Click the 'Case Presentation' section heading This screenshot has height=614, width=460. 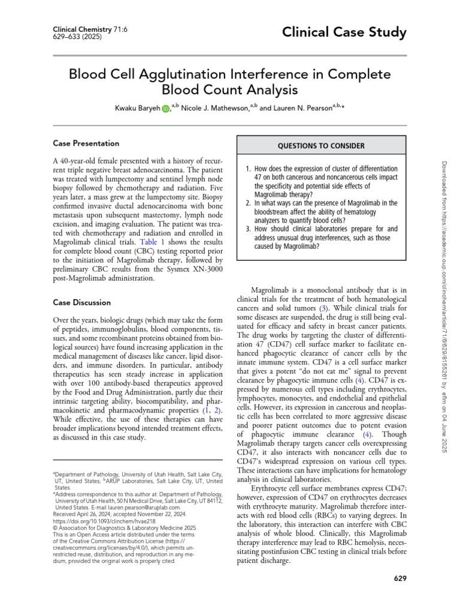(86, 143)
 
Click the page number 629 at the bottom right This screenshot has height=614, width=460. (401, 578)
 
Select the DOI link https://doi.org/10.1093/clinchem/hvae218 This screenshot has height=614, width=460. (103, 522)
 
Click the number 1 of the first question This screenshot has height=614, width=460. (248, 169)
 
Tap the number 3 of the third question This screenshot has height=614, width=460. (248, 228)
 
